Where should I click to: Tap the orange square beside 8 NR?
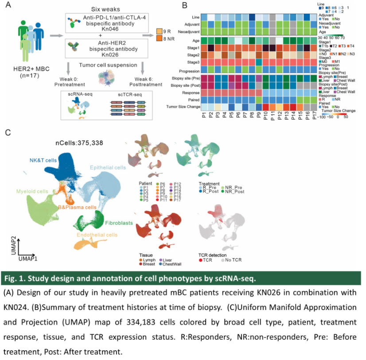point(160,40)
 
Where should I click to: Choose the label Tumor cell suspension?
point(106,65)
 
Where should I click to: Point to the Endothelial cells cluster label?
point(97,235)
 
